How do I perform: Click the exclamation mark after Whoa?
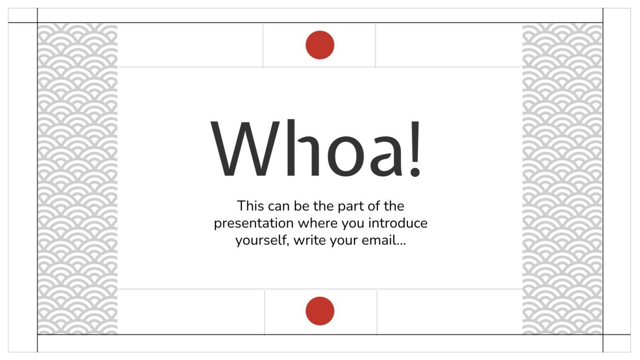pyautogui.click(x=415, y=148)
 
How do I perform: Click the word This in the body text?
pyautogui.click(x=251, y=207)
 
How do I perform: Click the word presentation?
pyautogui.click(x=254, y=224)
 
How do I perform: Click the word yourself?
pyautogui.click(x=262, y=240)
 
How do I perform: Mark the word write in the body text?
pyautogui.click(x=307, y=240)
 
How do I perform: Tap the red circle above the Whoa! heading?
pyautogui.click(x=320, y=45)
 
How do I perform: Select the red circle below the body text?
pyautogui.click(x=320, y=311)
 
